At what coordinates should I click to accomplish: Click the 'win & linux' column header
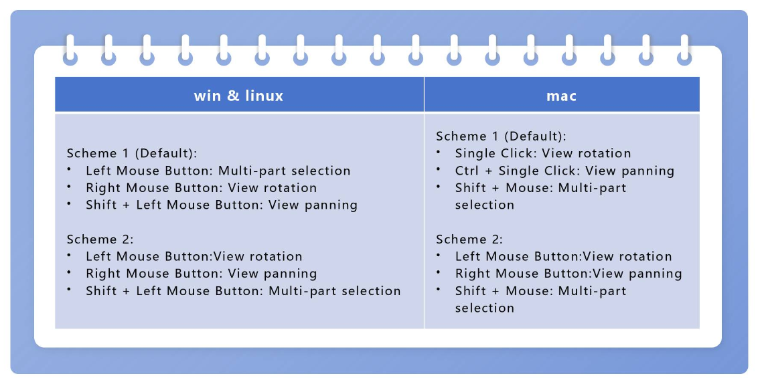[x=239, y=96]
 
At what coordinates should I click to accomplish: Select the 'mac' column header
[x=561, y=96]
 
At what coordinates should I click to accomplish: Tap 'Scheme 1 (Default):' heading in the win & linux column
[x=132, y=153]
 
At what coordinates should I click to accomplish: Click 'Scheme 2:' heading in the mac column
[x=469, y=239]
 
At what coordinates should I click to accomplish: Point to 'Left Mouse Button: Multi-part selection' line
[x=218, y=171]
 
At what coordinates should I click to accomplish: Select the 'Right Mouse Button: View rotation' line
[x=201, y=188]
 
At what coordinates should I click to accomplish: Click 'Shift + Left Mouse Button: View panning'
[x=222, y=205]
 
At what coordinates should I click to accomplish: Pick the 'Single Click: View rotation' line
[x=543, y=153]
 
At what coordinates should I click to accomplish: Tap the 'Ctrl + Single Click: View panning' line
[x=564, y=171]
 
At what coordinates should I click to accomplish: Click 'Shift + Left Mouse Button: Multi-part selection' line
[x=243, y=291]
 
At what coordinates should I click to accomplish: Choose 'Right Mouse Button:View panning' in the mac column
[x=568, y=274]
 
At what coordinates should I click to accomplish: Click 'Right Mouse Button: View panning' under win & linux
[x=201, y=274]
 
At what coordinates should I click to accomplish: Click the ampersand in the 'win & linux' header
[x=232, y=96]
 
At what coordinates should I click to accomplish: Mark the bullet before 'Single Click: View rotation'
[x=439, y=152]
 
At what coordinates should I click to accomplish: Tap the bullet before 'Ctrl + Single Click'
[x=439, y=169]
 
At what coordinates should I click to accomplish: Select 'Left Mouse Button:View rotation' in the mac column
[x=563, y=256]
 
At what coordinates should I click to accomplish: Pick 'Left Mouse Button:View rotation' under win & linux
[x=194, y=256]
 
